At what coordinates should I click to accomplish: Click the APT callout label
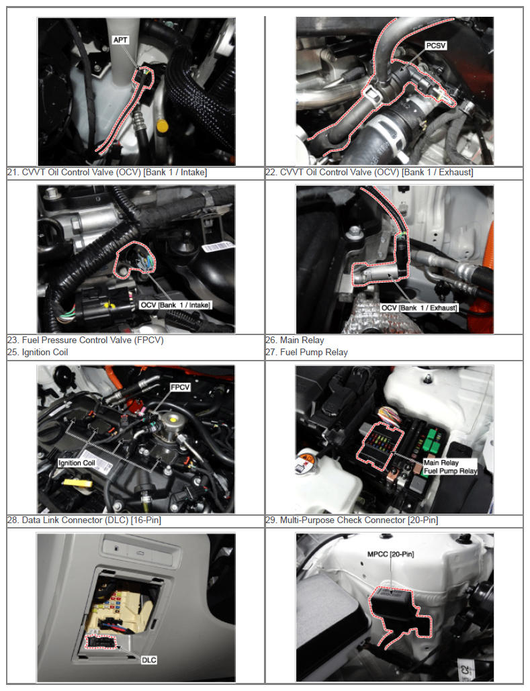(x=120, y=40)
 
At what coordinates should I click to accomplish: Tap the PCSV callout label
(x=436, y=46)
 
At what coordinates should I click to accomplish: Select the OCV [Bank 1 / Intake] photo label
(x=175, y=305)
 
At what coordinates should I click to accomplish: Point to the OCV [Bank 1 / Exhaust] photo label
(x=419, y=308)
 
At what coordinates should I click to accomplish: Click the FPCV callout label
(x=180, y=387)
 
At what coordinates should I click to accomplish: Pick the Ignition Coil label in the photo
(x=77, y=463)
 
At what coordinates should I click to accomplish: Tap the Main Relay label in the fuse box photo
(x=441, y=463)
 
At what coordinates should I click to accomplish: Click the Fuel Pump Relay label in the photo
(x=450, y=471)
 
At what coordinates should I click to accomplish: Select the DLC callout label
(x=149, y=659)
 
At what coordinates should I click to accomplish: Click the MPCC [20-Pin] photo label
(x=391, y=554)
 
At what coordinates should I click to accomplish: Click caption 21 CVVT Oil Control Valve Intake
(x=107, y=173)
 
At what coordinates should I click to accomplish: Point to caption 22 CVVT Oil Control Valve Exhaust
(x=369, y=173)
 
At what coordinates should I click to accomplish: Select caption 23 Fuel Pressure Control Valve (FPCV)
(x=85, y=340)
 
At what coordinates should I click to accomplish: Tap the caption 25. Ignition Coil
(x=38, y=352)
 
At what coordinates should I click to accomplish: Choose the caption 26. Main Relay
(x=294, y=340)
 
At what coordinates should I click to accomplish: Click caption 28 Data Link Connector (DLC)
(x=84, y=520)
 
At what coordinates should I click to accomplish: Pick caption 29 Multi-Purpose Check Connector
(x=352, y=520)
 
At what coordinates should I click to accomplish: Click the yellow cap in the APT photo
(x=163, y=126)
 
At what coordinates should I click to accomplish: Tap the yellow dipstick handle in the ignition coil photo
(x=78, y=483)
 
